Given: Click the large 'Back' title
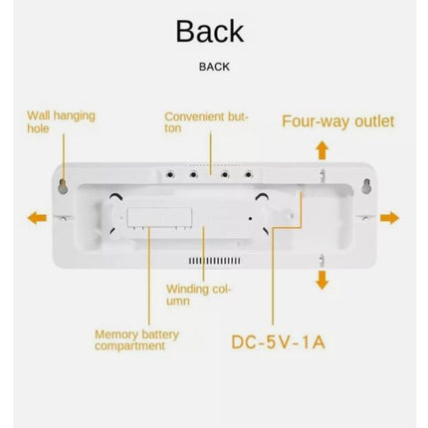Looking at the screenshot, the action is [210, 31].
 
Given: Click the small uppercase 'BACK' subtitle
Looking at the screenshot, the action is [214, 67].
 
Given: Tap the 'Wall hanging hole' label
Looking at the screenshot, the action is [61, 122].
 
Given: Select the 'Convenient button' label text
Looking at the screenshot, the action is [206, 122].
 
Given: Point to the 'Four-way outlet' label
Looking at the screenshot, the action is [338, 121].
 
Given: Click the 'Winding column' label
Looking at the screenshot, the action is [198, 295].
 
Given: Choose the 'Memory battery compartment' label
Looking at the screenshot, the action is [136, 340].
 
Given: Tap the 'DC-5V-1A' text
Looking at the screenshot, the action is [278, 342].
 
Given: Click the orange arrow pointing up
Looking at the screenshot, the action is [321, 150].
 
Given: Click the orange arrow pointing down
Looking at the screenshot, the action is [321, 280].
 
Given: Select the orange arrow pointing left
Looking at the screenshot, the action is [37, 218].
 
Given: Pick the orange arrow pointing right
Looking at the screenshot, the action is [389, 218].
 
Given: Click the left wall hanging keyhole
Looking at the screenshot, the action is [63, 186].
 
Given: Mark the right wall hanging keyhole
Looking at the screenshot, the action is [366, 186].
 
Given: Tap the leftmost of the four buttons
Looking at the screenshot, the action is [170, 174].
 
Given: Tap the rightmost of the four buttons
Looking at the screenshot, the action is [248, 174].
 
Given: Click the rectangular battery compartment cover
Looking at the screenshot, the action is [159, 218].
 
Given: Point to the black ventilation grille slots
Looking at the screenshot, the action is [215, 261].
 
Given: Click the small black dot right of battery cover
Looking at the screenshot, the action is [250, 218].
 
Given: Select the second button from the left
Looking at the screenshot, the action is [193, 174].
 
